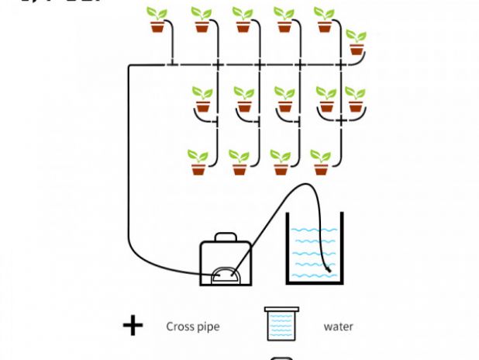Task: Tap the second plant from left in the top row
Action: (x=202, y=20)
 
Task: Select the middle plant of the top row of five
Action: (x=243, y=20)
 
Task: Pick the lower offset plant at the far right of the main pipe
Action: (x=357, y=43)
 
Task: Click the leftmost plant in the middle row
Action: (x=202, y=100)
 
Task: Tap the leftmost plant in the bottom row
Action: (x=198, y=162)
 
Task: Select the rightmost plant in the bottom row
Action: (x=321, y=162)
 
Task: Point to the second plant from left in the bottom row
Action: (x=239, y=162)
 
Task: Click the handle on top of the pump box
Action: (x=226, y=234)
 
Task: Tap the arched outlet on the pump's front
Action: (x=226, y=274)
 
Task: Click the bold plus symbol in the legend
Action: (x=133, y=326)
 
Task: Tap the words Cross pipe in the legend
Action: (x=193, y=327)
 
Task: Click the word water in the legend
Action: (x=338, y=327)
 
